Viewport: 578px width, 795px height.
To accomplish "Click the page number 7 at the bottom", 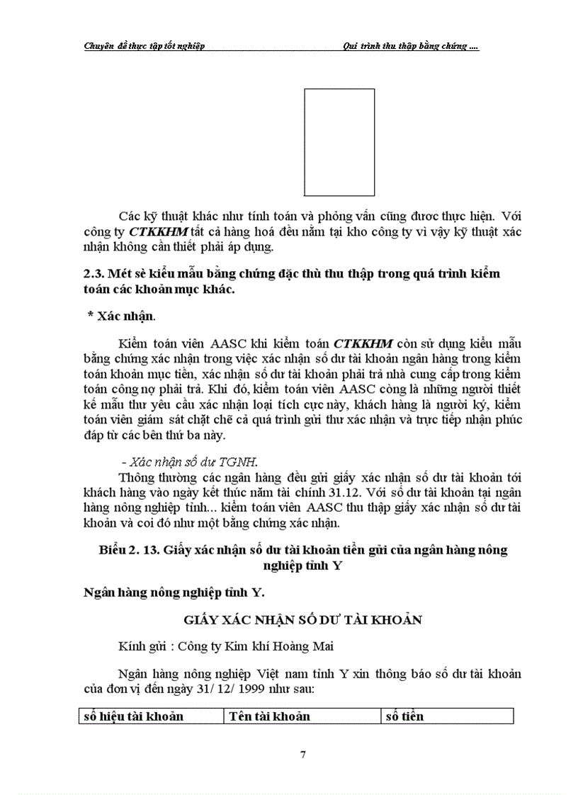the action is (303, 755).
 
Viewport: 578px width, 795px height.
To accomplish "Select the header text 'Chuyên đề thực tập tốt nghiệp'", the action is (144, 46).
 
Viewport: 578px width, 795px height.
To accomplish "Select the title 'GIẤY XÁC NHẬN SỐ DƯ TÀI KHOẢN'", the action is (302, 619).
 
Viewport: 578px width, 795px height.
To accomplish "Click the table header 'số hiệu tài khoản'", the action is (133, 716).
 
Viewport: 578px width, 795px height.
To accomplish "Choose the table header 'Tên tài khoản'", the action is (268, 716).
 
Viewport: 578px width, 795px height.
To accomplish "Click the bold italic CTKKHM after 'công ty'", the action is (158, 231).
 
